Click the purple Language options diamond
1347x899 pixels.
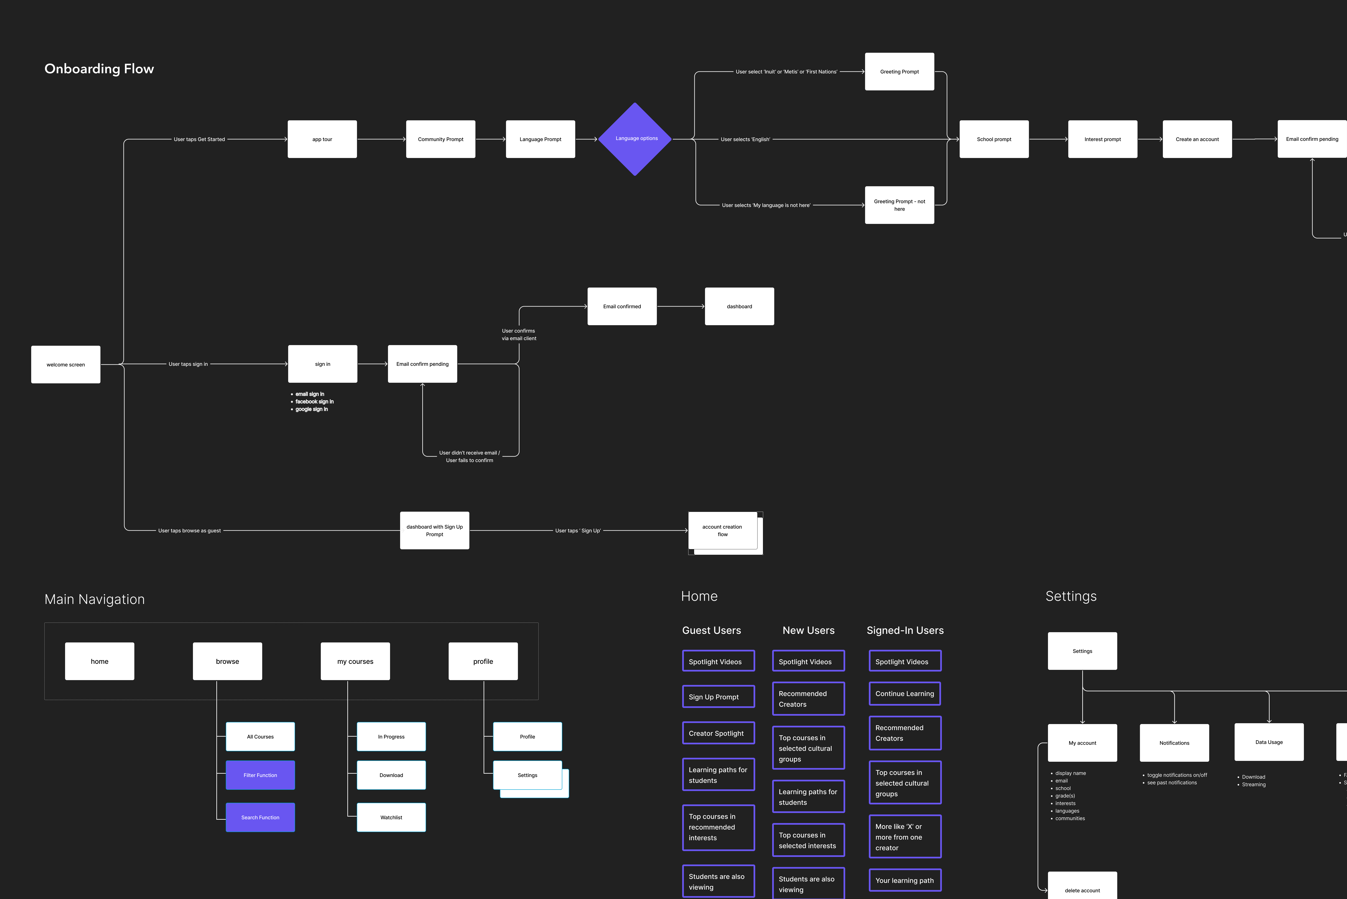pos(635,139)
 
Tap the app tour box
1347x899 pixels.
pos(322,139)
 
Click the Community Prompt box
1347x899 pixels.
pos(440,139)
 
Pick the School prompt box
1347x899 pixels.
pos(994,139)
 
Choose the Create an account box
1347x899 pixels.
pos(1197,139)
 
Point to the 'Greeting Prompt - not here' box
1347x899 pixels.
pos(899,205)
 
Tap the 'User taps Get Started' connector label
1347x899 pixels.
pos(199,139)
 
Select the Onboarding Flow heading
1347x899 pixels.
pos(99,69)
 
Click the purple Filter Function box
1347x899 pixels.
pos(260,775)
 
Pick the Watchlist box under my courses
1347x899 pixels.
pos(391,818)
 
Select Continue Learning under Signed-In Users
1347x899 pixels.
pos(904,694)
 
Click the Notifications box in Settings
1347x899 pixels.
pos(1174,743)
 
